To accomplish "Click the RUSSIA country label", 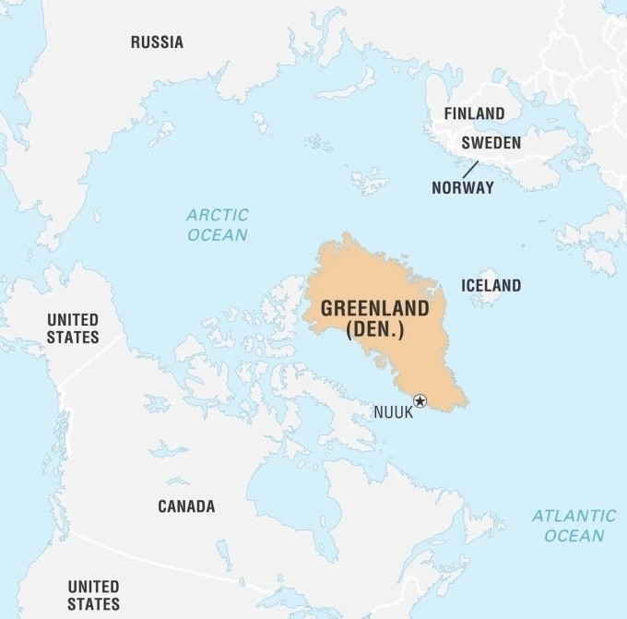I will [157, 42].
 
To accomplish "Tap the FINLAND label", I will [474, 113].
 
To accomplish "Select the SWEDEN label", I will [491, 143].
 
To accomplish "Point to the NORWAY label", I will [463, 187].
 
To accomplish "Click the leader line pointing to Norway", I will [470, 169].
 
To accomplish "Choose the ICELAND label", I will [491, 285].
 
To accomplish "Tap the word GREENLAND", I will [374, 308].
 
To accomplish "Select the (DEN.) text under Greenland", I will [374, 329].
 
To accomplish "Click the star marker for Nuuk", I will [420, 400].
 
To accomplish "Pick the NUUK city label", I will [393, 412].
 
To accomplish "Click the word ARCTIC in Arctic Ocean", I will [218, 215].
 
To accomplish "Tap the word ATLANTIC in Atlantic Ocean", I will [574, 516].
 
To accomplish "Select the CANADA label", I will [186, 506].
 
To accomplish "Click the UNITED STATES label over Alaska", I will [73, 328].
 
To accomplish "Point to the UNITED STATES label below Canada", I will [93, 595].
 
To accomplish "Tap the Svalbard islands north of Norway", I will [369, 181].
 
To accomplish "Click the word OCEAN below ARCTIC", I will [218, 234].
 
